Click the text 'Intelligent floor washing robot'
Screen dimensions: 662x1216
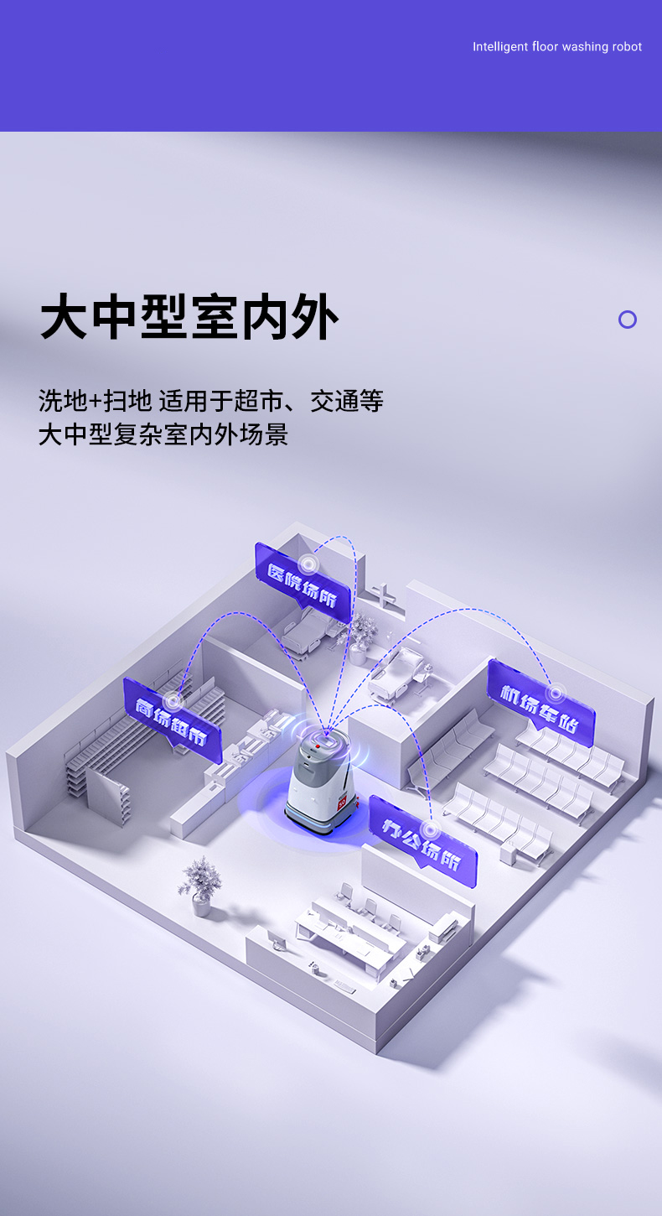coord(556,47)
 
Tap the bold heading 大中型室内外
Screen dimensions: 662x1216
coord(189,316)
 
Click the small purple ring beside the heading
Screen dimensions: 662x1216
coord(628,320)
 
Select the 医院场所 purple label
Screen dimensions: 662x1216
coord(303,583)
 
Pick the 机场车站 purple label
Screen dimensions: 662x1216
coord(541,703)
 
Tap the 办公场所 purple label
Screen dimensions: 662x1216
coord(422,841)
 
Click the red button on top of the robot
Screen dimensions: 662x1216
coord(318,747)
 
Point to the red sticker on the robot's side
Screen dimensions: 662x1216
coord(342,802)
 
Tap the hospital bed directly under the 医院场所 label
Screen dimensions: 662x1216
coord(308,631)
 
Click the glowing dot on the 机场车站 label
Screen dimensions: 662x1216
coord(556,693)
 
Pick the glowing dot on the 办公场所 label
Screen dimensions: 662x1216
coord(431,829)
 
